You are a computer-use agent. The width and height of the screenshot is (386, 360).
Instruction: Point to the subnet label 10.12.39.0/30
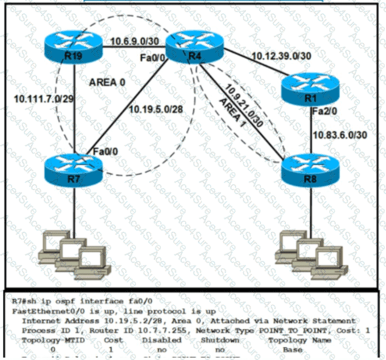click(280, 56)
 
